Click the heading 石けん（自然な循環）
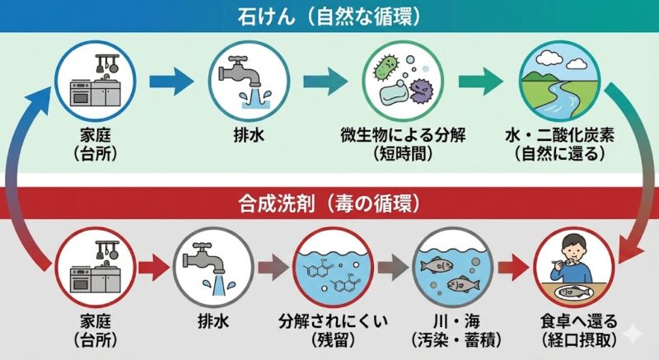pyautogui.click(x=329, y=15)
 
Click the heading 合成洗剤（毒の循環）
pyautogui.click(x=329, y=200)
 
